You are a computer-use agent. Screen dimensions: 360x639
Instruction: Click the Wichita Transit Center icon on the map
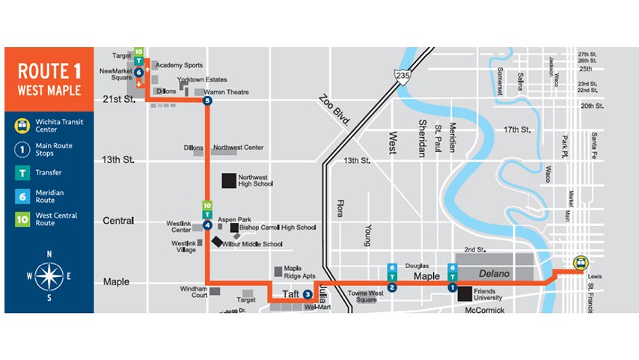point(579,263)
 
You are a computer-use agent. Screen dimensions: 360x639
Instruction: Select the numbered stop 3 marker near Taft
point(308,294)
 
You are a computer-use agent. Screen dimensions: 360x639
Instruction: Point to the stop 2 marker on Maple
point(392,287)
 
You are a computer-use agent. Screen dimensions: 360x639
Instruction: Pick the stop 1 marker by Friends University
point(452,287)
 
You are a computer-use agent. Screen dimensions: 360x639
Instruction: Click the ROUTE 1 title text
point(49,72)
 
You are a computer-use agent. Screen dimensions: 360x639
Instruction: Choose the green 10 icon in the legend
point(24,220)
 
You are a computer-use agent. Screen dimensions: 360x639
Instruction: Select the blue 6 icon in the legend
point(24,196)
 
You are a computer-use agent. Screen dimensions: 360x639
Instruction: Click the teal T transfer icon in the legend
point(24,172)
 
